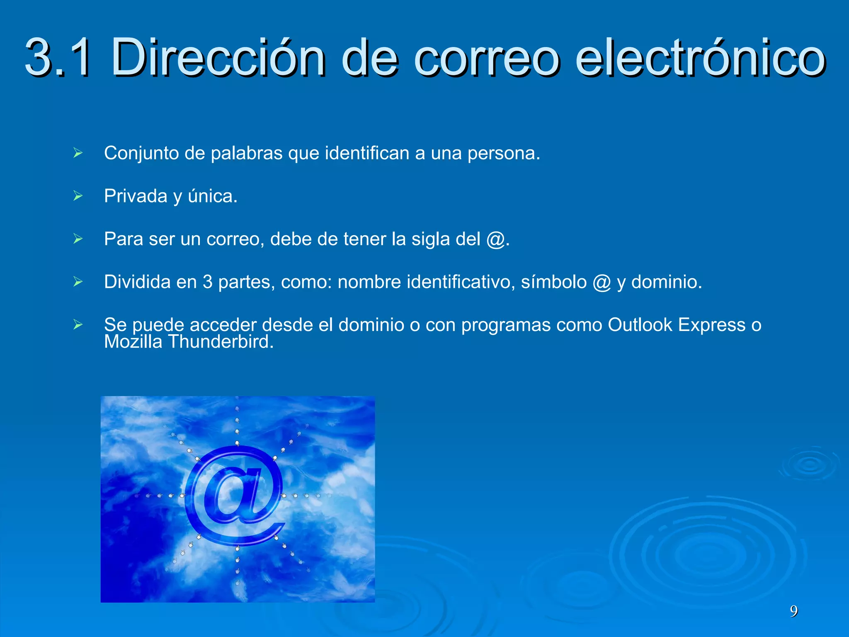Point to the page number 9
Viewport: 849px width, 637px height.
(x=793, y=611)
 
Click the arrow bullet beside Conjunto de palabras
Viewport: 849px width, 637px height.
(x=78, y=153)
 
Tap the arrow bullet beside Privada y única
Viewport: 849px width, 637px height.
(x=78, y=196)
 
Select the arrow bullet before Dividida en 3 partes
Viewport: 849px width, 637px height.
(x=78, y=282)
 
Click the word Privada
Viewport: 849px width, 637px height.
(x=136, y=196)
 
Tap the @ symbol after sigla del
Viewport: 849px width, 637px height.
(x=496, y=239)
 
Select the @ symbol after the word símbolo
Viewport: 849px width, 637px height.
(x=602, y=282)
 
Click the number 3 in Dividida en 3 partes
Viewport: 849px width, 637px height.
(x=207, y=282)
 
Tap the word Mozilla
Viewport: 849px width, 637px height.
(x=133, y=342)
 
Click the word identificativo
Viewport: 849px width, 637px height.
(x=461, y=282)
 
